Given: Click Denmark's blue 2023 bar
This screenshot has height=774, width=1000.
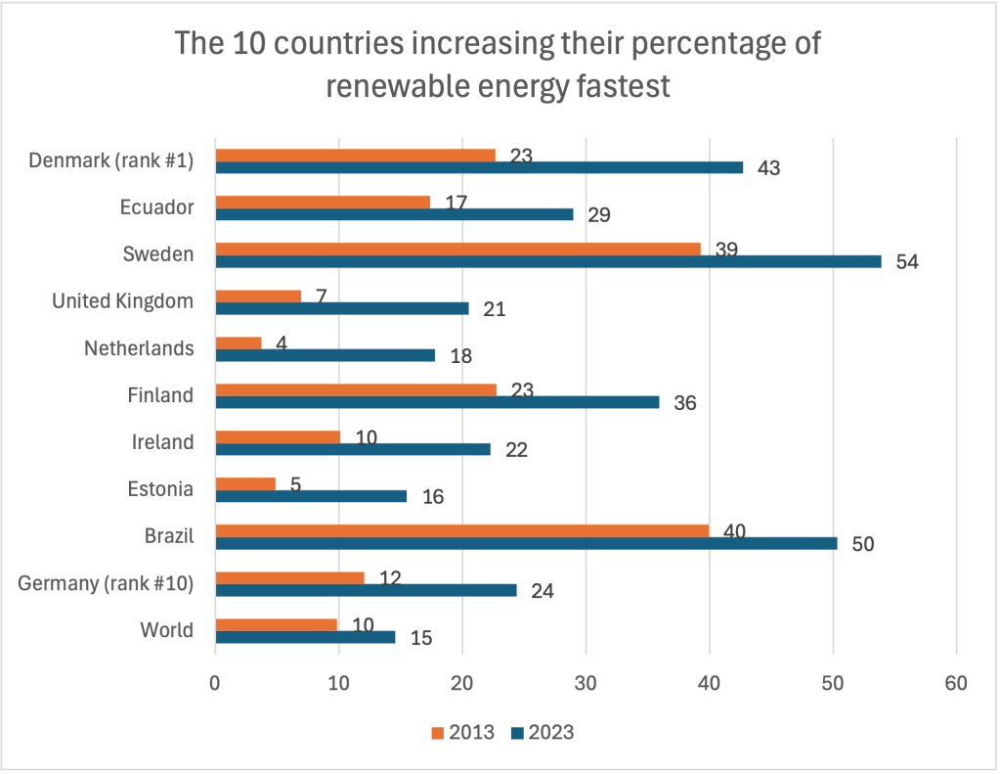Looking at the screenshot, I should point(479,167).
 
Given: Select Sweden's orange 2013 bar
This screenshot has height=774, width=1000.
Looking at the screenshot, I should point(457,249).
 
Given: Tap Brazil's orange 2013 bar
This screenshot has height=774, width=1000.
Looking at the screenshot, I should point(461,530).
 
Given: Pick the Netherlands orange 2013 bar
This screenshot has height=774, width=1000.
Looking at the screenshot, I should point(239,342).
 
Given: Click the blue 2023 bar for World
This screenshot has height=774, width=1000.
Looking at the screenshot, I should point(305,637).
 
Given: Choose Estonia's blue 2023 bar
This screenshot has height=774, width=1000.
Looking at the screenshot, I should point(311,496).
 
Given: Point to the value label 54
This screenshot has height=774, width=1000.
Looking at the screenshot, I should point(908,262).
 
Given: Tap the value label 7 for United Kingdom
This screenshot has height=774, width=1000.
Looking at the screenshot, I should point(321,295).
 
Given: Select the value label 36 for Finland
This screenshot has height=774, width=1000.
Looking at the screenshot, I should point(686,403).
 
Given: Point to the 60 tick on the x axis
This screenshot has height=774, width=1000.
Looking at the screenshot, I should point(956,683).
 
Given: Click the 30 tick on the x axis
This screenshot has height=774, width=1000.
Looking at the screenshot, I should point(586,683).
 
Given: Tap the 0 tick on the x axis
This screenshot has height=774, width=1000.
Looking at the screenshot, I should point(215,683).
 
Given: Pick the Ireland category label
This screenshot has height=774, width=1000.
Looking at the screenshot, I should point(163,442).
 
